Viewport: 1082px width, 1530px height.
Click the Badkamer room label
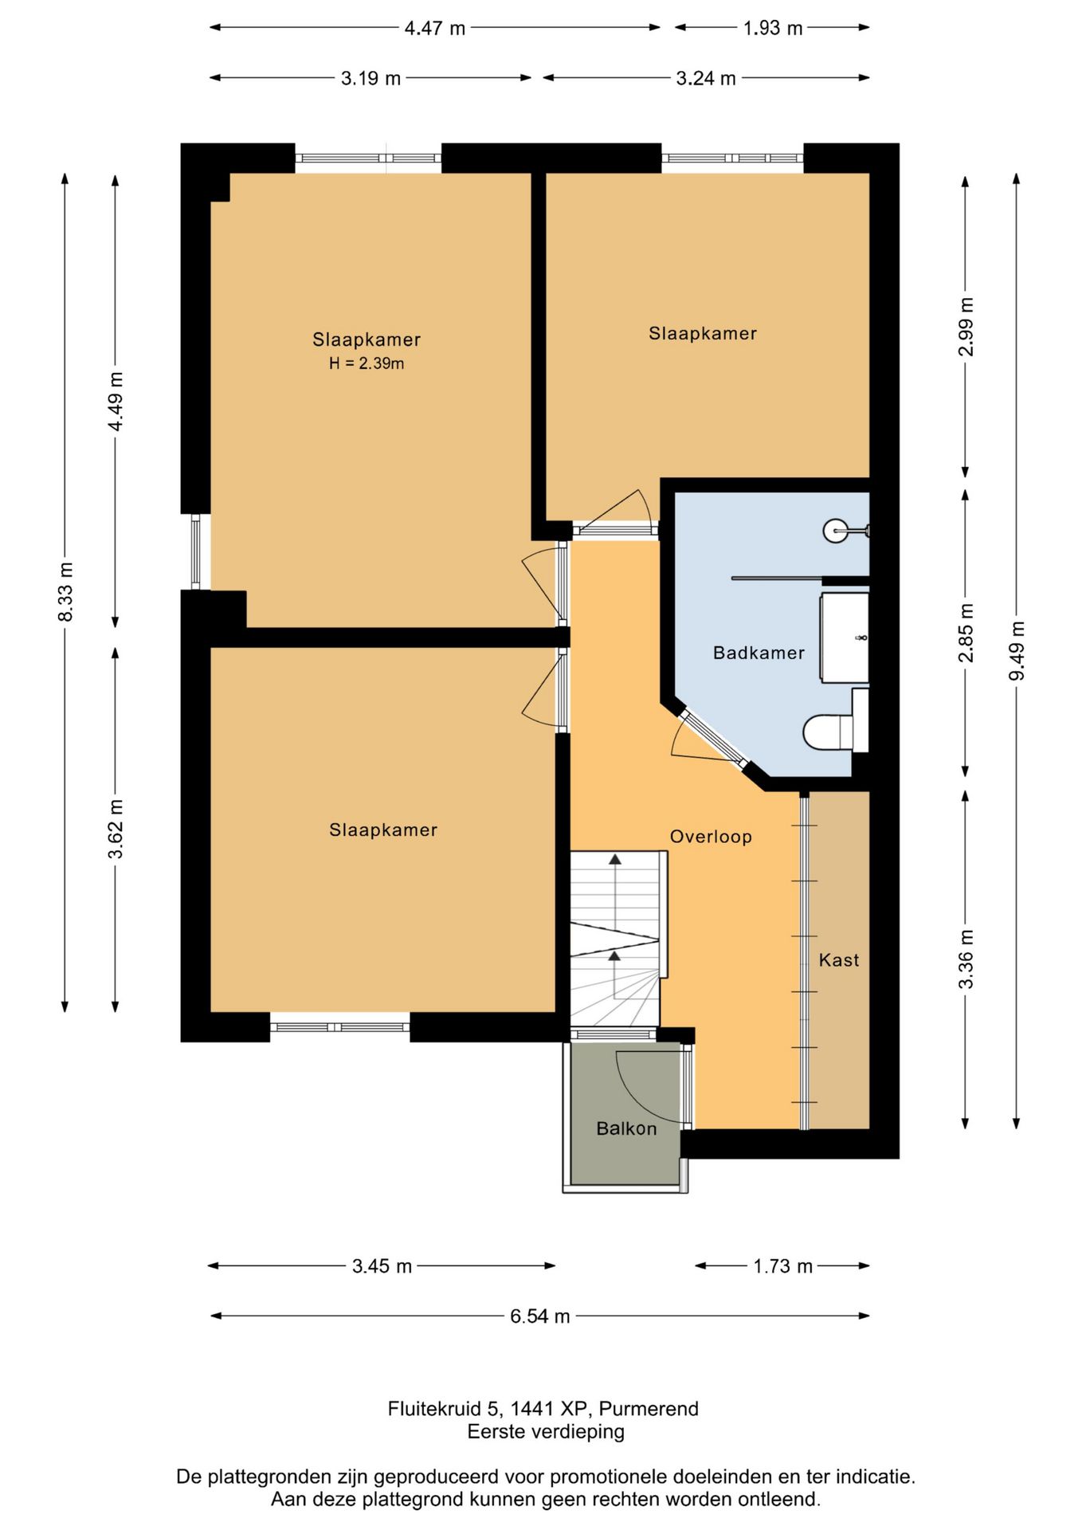tap(759, 653)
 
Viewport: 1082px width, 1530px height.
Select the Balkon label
tap(626, 1128)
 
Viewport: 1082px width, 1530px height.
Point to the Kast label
tap(839, 960)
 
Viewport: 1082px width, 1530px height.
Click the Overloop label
tap(711, 837)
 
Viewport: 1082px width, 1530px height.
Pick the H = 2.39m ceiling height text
tap(367, 364)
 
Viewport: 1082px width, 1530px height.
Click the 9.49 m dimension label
tap(1017, 651)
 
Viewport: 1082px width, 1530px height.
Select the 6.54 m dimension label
tap(540, 1316)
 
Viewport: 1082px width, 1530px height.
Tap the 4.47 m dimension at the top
tap(435, 29)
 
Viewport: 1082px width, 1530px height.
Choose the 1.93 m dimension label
tap(773, 29)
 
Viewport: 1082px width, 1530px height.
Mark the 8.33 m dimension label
tap(65, 592)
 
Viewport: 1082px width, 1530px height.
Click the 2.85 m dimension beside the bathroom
tap(966, 633)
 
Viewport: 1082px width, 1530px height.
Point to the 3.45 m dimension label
tap(382, 1266)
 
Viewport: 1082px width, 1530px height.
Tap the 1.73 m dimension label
tap(783, 1266)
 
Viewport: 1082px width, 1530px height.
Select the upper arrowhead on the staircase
tap(615, 859)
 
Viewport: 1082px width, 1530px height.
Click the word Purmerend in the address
tap(649, 1409)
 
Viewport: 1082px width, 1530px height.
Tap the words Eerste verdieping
tap(546, 1432)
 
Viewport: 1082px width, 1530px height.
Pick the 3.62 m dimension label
tap(116, 830)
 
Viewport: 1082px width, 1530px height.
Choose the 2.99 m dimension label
tap(966, 327)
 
